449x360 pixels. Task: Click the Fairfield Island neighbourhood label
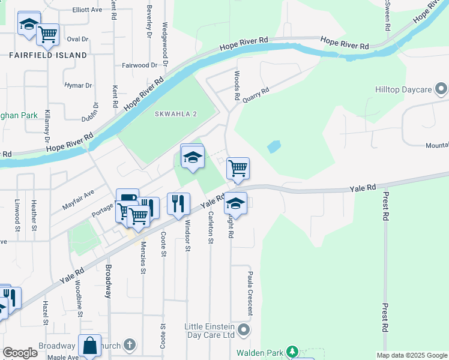coord(47,55)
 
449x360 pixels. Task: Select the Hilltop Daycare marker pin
coord(442,89)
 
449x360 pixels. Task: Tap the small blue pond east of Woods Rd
coord(274,146)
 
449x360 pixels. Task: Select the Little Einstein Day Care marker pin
coord(243,330)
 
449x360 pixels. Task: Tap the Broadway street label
coord(109,281)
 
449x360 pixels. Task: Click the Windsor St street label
coord(188,235)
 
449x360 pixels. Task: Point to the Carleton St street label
coord(211,228)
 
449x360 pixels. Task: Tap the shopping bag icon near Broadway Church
coord(89,345)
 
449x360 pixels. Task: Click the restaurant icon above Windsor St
coord(178,203)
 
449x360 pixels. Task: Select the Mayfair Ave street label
coord(78,200)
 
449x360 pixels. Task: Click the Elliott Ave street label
coord(87,10)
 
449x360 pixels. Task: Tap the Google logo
coord(20,353)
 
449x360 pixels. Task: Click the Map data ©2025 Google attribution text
coord(412,355)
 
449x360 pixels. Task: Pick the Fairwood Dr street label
coord(139,65)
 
